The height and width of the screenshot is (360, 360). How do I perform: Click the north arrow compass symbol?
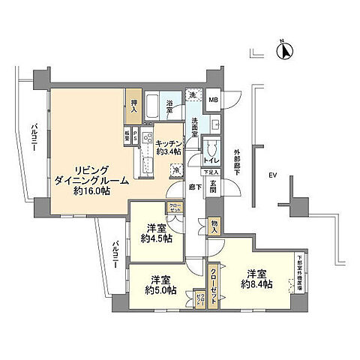click(284, 51)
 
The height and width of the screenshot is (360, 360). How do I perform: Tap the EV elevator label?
click(274, 175)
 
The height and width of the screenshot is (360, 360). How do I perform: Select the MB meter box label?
click(213, 100)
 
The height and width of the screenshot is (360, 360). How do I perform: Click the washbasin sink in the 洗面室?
click(214, 124)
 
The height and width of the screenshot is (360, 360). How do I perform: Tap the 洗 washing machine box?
click(193, 95)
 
